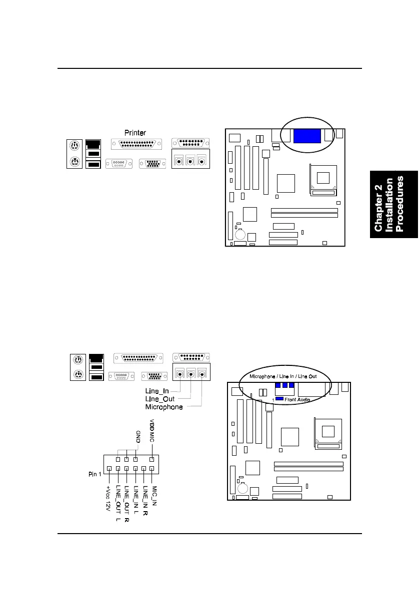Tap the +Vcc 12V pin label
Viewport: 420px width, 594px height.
pyautogui.click(x=109, y=499)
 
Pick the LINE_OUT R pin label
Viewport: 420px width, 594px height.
pyautogui.click(x=127, y=504)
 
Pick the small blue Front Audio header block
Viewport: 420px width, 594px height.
pyautogui.click(x=279, y=399)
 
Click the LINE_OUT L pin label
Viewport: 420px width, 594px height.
pyautogui.click(x=118, y=504)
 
